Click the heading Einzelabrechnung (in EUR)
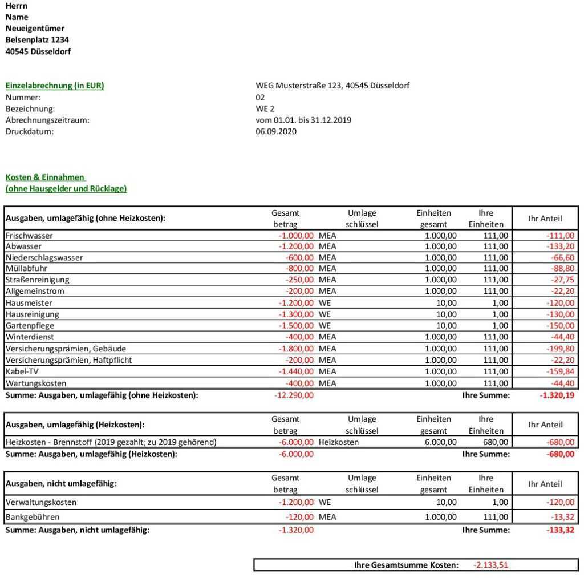55,86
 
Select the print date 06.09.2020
276,131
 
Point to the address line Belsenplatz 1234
37,40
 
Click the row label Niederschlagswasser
44,257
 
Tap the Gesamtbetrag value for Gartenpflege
296,325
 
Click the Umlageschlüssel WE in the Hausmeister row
325,303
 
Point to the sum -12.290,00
294,395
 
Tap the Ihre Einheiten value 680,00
494,442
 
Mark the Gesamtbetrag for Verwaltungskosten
296,502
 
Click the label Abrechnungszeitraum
47,120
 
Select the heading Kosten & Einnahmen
46,177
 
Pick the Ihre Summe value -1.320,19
557,395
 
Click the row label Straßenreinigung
37,280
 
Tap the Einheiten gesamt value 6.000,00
441,442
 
